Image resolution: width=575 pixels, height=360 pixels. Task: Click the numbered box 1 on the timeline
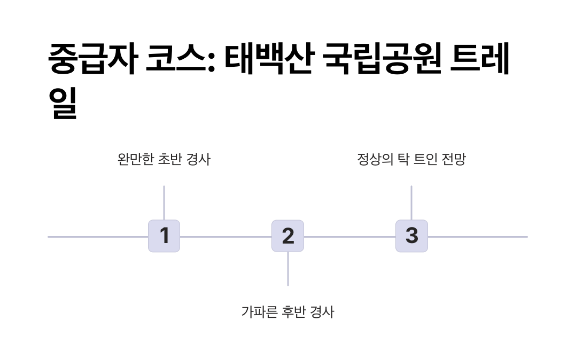click(164, 236)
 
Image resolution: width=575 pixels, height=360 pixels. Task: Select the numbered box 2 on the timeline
click(287, 236)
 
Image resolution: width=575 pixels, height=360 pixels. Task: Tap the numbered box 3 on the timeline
click(411, 236)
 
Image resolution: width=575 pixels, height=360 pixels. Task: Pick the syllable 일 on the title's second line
click(63, 103)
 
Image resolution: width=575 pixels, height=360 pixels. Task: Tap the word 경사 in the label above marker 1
click(199, 159)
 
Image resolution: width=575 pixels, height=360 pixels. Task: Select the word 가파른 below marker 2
click(259, 311)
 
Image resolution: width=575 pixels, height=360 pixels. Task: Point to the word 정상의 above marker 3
click(375, 159)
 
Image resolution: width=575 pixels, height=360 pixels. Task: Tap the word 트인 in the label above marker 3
click(426, 159)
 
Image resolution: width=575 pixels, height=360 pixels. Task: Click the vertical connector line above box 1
click(164, 202)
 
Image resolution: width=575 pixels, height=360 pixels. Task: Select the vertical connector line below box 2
click(288, 269)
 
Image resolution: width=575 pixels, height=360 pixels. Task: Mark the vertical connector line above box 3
click(411, 202)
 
